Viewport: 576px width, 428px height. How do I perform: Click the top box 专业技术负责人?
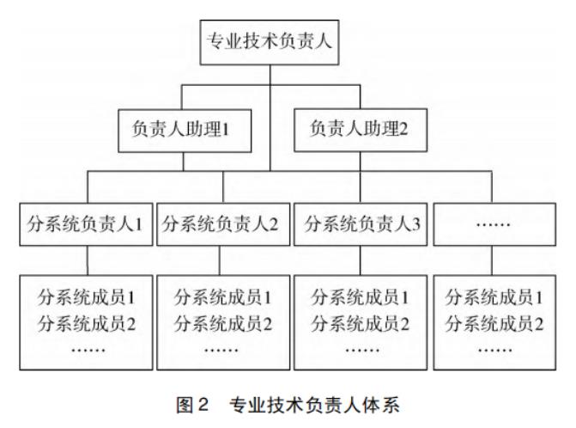click(270, 42)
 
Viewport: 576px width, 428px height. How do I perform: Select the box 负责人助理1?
click(185, 131)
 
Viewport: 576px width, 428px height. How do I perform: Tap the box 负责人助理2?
click(361, 130)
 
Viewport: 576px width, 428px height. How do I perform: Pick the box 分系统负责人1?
click(86, 224)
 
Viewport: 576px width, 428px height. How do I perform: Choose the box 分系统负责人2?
click(223, 224)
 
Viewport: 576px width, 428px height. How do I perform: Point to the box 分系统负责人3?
click(361, 224)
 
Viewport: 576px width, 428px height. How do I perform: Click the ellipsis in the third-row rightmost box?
click(493, 224)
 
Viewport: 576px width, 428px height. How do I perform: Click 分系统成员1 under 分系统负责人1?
click(87, 297)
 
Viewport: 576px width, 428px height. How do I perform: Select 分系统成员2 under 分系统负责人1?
click(87, 324)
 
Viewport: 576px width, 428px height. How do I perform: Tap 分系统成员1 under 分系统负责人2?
click(223, 297)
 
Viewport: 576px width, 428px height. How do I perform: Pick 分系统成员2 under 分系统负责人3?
click(361, 324)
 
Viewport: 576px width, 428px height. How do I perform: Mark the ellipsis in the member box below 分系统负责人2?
click(221, 350)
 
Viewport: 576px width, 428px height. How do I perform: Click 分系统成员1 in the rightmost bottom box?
click(494, 297)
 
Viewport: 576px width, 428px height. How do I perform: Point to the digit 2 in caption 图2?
click(203, 405)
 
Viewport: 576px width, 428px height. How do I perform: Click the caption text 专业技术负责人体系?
click(314, 405)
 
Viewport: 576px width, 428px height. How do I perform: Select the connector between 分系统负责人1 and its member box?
click(88, 260)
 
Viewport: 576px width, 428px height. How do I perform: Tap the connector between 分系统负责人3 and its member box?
click(361, 260)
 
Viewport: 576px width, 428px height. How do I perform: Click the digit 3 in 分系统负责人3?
click(415, 224)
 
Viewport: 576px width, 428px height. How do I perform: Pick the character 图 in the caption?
click(185, 405)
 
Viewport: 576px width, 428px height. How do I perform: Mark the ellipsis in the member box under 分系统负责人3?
click(362, 350)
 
